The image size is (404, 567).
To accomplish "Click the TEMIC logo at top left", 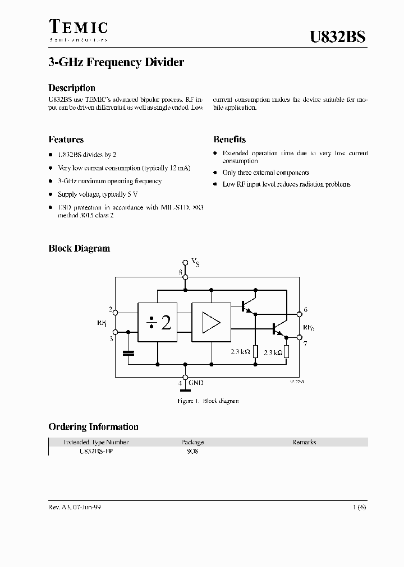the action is [78, 30].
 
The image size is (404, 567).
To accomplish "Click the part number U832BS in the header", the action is [338, 38].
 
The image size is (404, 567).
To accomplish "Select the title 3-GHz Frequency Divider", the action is [116, 63].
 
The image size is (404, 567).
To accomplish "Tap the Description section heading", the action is [72, 88].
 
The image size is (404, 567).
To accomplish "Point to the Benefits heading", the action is [229, 140].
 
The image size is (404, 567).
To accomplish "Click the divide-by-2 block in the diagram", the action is [158, 322].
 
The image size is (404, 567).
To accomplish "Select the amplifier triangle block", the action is [211, 322].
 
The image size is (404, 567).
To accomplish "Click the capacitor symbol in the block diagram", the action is [128, 353].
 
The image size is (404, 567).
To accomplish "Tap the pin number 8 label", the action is [180, 272].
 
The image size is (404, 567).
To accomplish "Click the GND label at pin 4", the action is [196, 383].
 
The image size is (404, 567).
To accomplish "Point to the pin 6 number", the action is [305, 310].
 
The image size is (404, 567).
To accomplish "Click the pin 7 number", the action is [305, 343].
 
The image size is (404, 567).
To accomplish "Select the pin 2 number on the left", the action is [111, 309].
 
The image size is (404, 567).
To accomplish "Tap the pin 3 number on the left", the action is [111, 339].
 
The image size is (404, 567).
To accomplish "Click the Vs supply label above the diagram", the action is [195, 262].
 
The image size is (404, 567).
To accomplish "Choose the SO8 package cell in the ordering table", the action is [192, 452].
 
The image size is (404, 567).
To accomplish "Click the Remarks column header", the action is [304, 442].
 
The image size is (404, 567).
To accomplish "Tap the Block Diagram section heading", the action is [79, 248].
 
